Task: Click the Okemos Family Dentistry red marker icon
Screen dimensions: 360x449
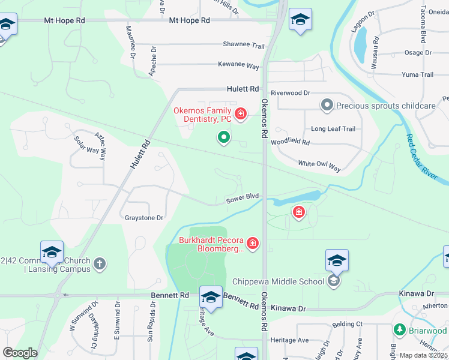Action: point(241,113)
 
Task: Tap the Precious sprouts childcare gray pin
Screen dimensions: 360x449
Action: point(327,106)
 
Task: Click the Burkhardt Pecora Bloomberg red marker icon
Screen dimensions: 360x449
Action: point(253,243)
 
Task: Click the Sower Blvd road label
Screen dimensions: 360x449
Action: point(242,197)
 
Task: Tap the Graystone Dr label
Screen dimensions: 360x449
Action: point(143,218)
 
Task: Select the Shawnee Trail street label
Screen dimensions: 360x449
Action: point(244,46)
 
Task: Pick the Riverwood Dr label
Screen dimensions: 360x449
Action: point(290,93)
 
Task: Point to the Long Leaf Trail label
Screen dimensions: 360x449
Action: point(333,129)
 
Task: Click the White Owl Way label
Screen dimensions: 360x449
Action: point(319,166)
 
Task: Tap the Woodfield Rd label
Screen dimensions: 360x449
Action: point(290,143)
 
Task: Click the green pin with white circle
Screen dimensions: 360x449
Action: point(224,137)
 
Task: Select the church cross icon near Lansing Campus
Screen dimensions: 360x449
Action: point(100,263)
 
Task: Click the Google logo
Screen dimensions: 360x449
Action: point(20,353)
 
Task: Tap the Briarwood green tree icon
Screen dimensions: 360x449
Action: point(399,330)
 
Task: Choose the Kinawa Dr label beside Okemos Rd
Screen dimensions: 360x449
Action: point(289,308)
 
